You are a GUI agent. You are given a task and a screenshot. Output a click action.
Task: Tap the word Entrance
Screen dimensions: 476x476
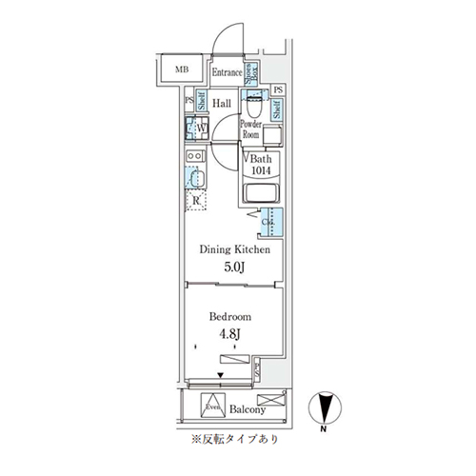227,72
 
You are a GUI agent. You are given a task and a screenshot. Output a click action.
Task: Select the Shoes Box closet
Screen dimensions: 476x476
253,73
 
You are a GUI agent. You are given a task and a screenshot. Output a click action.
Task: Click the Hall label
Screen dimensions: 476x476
223,103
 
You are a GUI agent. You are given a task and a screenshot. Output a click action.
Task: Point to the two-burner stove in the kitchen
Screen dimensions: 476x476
193,156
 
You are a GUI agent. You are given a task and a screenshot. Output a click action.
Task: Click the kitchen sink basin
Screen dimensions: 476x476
197,179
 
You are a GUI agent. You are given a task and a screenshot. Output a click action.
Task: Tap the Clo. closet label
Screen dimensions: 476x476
268,224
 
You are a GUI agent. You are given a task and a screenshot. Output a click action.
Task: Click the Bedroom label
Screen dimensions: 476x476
229,318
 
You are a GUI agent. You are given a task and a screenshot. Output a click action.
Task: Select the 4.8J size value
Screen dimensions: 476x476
230,335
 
